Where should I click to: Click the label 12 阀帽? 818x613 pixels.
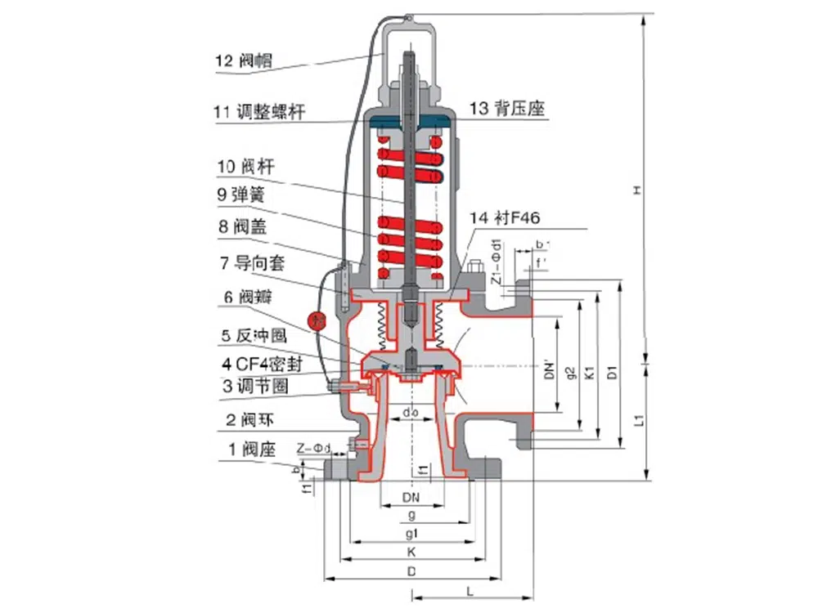coord(244,60)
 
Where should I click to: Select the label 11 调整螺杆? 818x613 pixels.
coord(260,112)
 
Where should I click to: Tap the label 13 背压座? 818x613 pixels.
coord(507,108)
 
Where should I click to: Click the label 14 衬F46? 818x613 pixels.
coord(505,218)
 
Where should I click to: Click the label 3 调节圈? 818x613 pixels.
coord(254,385)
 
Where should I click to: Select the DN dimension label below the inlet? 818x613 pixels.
coord(411,497)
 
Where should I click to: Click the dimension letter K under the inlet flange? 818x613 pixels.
coord(411,553)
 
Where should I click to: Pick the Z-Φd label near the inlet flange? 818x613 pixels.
coord(315,448)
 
